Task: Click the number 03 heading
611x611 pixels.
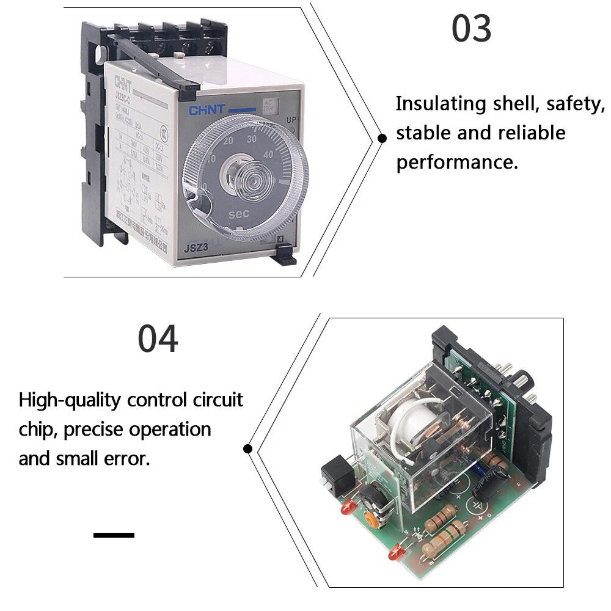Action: point(471,28)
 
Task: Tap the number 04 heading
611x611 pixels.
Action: point(158,339)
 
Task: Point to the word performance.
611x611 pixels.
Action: point(456,163)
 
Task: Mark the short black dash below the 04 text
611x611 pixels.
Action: point(114,535)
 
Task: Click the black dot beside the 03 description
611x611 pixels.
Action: point(382,138)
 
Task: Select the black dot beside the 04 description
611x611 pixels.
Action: point(248,448)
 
